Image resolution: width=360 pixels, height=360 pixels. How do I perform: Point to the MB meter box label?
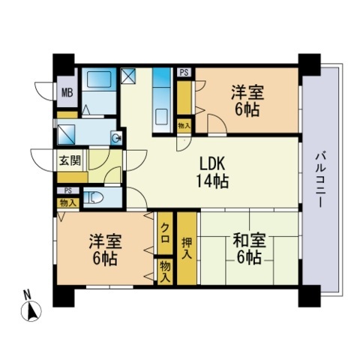pos(67,93)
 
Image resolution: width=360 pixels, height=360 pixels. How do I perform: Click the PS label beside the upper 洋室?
pos(184,73)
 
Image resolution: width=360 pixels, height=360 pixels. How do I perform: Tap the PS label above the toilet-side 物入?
pos(67,191)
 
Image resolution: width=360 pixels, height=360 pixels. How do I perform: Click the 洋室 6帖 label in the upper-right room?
pos(247,99)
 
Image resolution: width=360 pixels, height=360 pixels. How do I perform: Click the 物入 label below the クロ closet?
pos(164,271)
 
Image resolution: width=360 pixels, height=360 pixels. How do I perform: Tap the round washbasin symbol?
pos(115,137)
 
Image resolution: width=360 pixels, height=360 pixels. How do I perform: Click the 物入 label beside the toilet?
pos(67,202)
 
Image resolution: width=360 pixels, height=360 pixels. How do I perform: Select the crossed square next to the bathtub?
pos(127,76)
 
